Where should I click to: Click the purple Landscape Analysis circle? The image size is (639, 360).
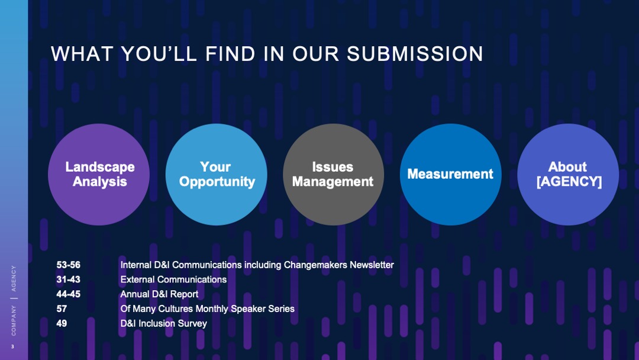(99, 174)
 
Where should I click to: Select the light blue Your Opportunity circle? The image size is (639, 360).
(217, 174)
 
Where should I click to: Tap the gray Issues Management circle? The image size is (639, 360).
(333, 174)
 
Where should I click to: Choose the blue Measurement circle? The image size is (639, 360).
(450, 174)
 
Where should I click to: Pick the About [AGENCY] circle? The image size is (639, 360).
(568, 174)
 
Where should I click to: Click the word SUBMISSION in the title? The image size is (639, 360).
(415, 54)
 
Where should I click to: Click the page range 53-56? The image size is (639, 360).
(69, 265)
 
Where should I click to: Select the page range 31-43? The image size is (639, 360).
(69, 279)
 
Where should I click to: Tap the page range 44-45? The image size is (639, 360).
(69, 294)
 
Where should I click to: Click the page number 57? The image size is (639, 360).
(62, 308)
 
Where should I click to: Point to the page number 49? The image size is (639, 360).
(62, 323)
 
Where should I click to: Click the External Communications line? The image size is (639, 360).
(173, 279)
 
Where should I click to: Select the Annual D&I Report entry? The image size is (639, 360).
(159, 294)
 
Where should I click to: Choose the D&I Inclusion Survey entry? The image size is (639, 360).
(163, 323)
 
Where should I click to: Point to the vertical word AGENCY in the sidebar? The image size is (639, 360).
(14, 278)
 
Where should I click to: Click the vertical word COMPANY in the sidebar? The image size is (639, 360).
(14, 320)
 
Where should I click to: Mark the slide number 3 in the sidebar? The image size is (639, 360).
(14, 347)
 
